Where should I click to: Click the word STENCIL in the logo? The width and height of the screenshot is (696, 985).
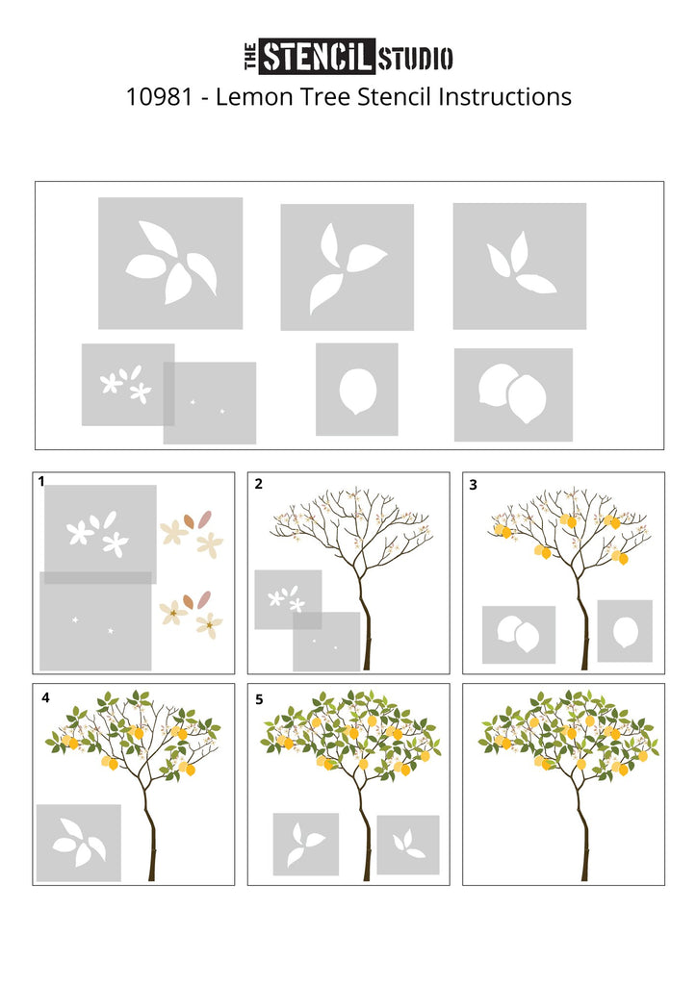click(x=318, y=57)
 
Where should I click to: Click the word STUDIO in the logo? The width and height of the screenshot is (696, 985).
click(x=415, y=58)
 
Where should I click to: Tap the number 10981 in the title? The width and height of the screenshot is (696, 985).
click(x=159, y=97)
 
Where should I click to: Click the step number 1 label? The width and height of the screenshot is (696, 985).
click(x=41, y=482)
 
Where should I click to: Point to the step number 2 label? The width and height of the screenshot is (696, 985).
click(x=258, y=485)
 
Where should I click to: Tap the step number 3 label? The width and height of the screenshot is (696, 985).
click(x=474, y=485)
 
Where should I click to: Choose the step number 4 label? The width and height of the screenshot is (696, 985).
click(x=45, y=698)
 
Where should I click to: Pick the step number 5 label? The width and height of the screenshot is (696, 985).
click(x=259, y=699)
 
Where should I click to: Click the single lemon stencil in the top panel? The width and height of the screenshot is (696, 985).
click(x=357, y=390)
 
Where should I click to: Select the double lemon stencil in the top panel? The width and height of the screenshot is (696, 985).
click(x=513, y=394)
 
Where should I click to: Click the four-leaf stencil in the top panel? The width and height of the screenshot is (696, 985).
click(x=170, y=264)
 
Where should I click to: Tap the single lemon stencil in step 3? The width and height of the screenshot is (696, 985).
click(x=625, y=631)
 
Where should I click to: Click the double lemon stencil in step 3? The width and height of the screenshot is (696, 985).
click(x=519, y=635)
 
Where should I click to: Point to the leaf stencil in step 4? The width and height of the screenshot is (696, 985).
click(x=79, y=843)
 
